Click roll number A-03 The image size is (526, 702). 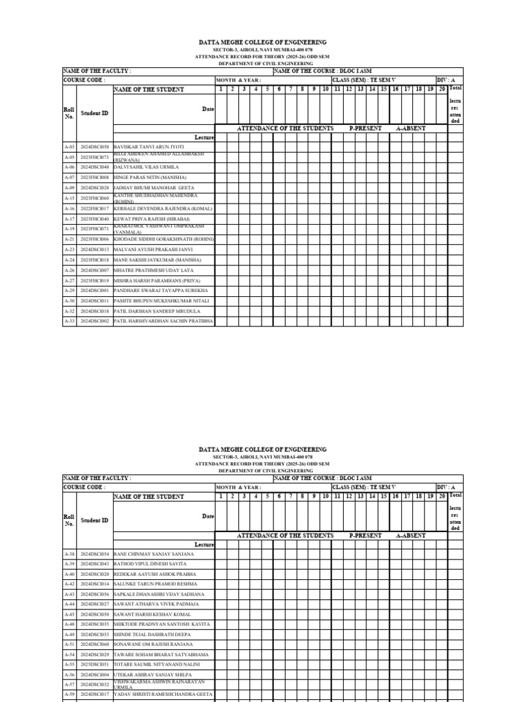69,147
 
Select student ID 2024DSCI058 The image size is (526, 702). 95,147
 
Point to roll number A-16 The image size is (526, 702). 69,208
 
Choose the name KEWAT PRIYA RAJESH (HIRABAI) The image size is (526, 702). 152,219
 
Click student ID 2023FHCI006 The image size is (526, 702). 95,239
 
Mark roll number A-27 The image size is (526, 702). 69,280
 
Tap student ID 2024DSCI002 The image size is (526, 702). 95,321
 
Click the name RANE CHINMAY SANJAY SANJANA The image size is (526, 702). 154,553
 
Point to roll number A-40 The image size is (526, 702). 69,574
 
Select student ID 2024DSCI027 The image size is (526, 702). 95,604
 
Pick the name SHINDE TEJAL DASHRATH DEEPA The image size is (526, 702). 152,635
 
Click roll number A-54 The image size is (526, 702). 69,655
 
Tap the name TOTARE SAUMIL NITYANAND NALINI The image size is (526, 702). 157,665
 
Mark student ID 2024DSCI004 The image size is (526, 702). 95,675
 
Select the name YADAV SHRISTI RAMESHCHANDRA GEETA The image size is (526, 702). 163,694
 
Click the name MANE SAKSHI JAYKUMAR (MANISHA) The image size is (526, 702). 158,260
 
